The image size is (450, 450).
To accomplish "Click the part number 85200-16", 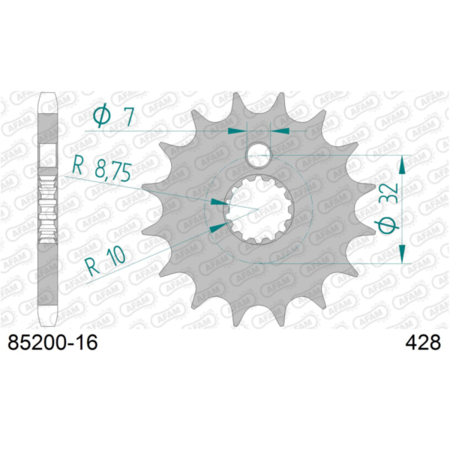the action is tap(52, 343).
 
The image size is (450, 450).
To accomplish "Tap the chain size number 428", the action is tap(423, 343).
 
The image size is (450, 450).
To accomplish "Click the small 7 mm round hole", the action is tap(259, 155).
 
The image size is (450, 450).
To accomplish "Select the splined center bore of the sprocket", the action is tap(258, 210).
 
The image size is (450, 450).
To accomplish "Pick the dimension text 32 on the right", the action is tap(388, 193).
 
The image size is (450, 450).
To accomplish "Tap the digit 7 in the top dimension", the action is tap(128, 118).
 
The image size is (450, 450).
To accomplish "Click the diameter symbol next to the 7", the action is tap(102, 115).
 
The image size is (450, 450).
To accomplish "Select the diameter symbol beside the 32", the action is tap(388, 224).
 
